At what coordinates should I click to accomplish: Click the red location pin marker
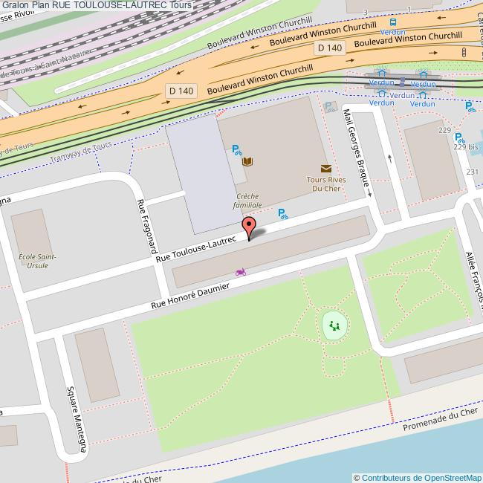[250, 227]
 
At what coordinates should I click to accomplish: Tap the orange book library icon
[248, 161]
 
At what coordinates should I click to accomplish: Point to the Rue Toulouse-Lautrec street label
[195, 250]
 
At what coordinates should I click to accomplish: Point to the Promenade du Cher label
[440, 421]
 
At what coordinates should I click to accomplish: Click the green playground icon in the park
[334, 325]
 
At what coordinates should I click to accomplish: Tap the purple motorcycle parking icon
[240, 272]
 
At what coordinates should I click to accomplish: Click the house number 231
[472, 172]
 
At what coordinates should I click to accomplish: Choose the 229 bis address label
[467, 146]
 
